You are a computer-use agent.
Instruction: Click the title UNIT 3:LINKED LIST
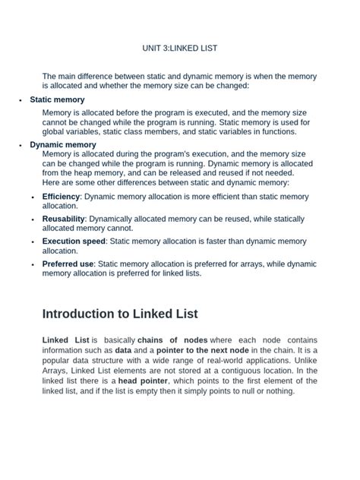180,48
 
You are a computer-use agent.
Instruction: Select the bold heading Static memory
57,99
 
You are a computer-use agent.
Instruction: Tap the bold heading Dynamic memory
62,144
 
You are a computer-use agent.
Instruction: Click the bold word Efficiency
61,196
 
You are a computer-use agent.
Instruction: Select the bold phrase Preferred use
68,264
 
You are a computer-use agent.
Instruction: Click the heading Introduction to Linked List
120,314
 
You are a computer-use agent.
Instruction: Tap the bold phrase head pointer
144,381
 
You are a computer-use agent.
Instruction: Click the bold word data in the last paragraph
123,350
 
